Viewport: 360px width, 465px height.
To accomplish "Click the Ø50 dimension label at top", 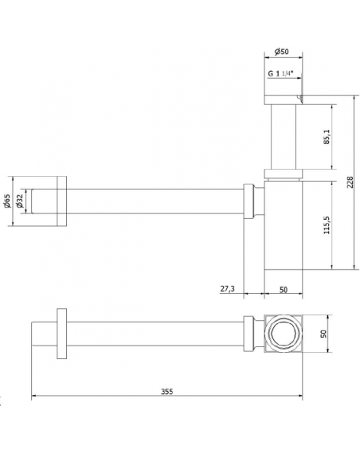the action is click(x=281, y=52).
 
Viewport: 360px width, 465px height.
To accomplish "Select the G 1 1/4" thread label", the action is click(x=280, y=73).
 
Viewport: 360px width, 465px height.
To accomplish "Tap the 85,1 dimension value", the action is click(x=327, y=137).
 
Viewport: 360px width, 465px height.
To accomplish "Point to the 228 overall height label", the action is click(x=350, y=182).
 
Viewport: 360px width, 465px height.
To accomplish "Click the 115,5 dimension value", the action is click(x=327, y=225).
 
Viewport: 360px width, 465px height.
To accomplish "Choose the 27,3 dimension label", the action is click(x=227, y=288).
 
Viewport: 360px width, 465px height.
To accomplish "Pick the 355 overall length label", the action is click(x=167, y=392).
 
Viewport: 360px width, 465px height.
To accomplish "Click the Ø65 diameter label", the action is click(x=7, y=201).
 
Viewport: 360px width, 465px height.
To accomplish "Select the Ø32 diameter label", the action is click(x=20, y=201).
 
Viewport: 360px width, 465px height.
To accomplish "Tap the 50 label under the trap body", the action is click(x=284, y=290).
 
